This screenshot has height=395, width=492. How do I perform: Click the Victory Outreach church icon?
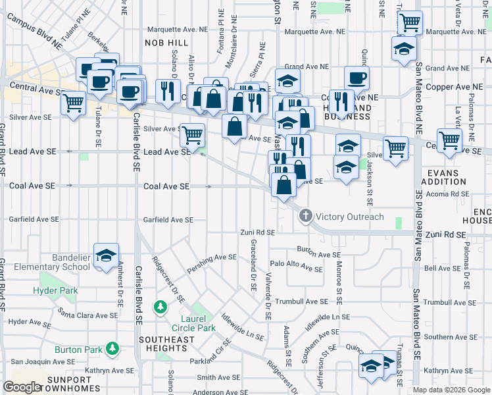pyautogui.click(x=305, y=216)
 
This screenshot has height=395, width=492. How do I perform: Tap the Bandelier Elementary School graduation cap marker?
pyautogui.click(x=105, y=257)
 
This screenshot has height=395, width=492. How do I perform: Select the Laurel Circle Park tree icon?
pyautogui.click(x=159, y=307)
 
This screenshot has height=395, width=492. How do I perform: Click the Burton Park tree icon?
pyautogui.click(x=113, y=347)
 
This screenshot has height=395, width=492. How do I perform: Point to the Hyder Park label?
pyautogui.click(x=56, y=290)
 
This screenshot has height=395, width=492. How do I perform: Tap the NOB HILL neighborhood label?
pyautogui.click(x=161, y=42)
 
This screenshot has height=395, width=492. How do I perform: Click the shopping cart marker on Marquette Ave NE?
pyautogui.click(x=409, y=23)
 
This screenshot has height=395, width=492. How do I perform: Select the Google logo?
pyautogui.click(x=22, y=386)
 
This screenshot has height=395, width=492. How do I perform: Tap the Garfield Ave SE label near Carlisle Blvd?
pyautogui.click(x=168, y=220)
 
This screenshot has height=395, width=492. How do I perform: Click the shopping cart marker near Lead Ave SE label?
pyautogui.click(x=192, y=136)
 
